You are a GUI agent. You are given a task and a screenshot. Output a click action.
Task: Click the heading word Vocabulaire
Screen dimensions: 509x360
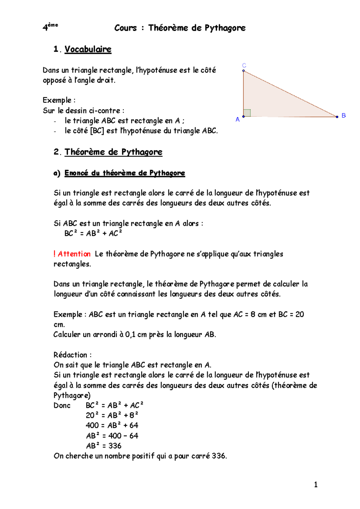pos(88,49)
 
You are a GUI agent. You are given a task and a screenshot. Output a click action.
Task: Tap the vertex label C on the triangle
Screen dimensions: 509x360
pos(244,65)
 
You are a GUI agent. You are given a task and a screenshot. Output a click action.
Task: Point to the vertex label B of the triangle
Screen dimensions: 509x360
pos(344,115)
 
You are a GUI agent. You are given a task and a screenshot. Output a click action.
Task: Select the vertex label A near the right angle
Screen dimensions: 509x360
pos(238,120)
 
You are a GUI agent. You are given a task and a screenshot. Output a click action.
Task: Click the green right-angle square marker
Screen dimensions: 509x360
pos(247,113)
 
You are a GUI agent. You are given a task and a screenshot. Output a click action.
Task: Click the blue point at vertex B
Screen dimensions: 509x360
pos(337,117)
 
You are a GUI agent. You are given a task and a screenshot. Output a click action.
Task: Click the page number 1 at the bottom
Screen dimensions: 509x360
pos(316,485)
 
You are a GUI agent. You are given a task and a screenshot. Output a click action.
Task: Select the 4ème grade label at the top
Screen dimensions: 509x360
pos(50,27)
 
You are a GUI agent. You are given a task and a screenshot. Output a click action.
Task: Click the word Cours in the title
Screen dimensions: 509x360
pos(125,28)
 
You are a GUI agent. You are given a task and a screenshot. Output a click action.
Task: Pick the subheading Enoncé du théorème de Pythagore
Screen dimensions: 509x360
pos(124,173)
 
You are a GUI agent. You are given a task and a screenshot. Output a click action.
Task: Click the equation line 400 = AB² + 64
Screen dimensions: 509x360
pos(112,425)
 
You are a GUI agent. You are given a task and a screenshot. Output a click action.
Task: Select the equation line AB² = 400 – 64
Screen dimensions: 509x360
pos(112,436)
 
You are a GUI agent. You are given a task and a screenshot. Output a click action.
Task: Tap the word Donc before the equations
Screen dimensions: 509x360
pos(62,405)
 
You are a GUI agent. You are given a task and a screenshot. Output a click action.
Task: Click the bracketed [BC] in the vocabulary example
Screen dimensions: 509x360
pos(97,131)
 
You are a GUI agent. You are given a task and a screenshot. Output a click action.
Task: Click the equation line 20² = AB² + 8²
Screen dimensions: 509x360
pos(112,415)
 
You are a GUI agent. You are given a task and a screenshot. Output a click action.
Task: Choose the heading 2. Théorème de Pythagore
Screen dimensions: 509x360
pos(108,152)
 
